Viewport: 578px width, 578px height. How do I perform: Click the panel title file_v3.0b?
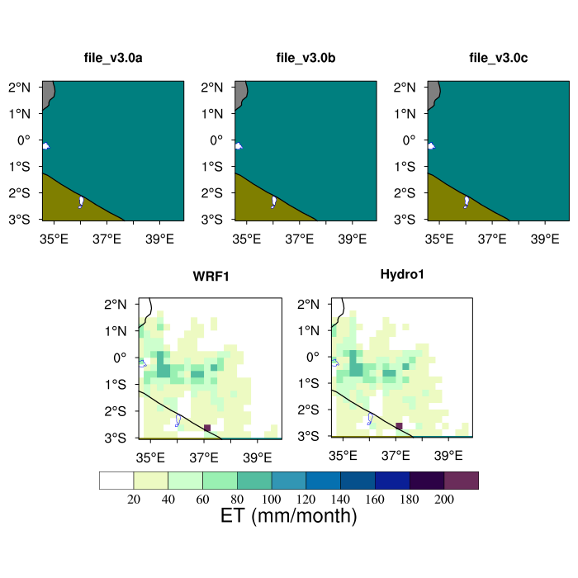305,58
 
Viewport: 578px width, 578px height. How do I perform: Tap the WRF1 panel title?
211,276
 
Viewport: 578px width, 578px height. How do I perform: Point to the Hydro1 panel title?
402,273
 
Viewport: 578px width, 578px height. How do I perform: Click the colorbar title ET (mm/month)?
289,517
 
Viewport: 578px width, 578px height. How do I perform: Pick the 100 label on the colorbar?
272,498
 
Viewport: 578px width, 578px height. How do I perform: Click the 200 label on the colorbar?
444,498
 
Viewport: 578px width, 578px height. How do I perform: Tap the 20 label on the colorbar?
134,498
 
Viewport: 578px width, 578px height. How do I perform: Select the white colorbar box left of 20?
116,481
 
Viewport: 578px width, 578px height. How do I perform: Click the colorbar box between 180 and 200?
427,481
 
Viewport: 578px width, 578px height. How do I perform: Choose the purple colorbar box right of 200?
462,481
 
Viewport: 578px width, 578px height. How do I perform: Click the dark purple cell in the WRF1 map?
207,428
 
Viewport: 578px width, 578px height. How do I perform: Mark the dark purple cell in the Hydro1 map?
399,425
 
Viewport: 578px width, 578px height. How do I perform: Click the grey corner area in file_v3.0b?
240,90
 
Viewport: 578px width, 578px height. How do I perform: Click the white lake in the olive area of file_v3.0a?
81,201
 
